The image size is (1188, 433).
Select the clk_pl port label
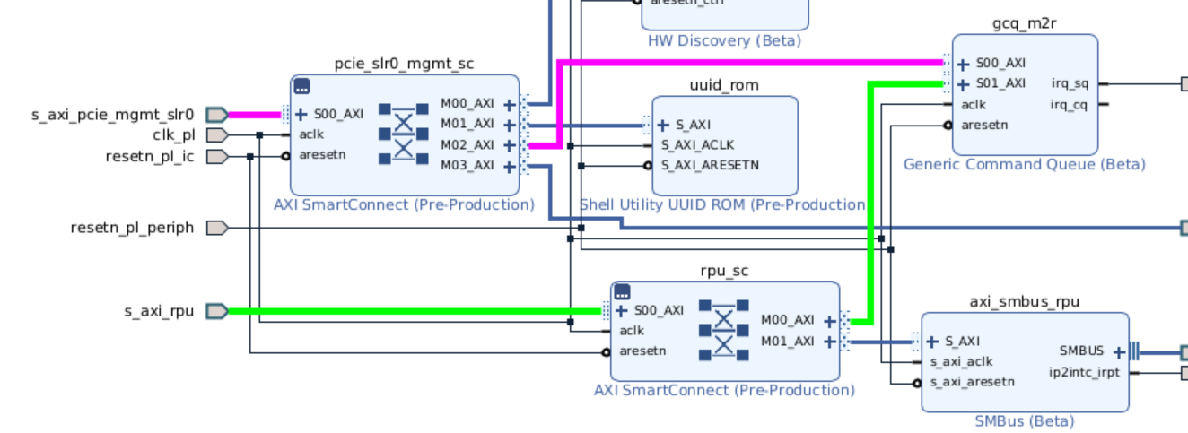click(x=173, y=135)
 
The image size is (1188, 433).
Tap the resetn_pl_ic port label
click(x=150, y=157)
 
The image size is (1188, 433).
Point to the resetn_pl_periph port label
click(x=132, y=228)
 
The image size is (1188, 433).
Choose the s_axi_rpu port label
click(x=159, y=312)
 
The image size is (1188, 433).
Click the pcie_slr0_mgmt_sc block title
click(x=404, y=64)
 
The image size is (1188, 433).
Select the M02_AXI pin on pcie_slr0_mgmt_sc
click(x=467, y=145)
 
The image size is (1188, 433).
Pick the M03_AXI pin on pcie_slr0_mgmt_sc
click(x=467, y=166)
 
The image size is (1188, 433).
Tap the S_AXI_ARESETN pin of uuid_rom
click(x=710, y=165)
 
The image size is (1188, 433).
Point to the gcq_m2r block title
click(x=1025, y=23)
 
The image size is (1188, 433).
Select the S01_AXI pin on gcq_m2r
click(x=1000, y=84)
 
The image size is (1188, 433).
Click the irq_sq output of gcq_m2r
click(x=1070, y=84)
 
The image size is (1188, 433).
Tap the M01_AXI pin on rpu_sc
click(x=788, y=342)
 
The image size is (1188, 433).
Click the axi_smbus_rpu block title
click(x=1025, y=301)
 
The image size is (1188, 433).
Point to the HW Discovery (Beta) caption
click(x=724, y=41)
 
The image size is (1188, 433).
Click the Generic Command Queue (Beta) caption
click(x=1024, y=165)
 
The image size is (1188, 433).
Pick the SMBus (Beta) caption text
click(x=1024, y=421)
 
